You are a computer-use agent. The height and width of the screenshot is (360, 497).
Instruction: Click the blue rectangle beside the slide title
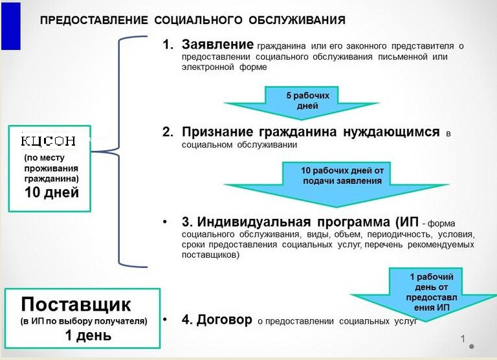pyautogui.click(x=11, y=26)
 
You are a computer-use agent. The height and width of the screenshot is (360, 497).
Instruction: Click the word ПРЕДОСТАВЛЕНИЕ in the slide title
pyautogui.click(x=94, y=20)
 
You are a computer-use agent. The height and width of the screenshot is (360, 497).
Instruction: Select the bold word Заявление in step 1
pyautogui.click(x=217, y=45)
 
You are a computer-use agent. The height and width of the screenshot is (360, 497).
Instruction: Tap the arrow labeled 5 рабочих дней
pyautogui.click(x=302, y=103)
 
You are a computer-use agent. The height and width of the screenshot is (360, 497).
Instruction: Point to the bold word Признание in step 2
pyautogui.click(x=217, y=132)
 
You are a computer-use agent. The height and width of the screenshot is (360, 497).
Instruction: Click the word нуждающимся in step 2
pyautogui.click(x=391, y=132)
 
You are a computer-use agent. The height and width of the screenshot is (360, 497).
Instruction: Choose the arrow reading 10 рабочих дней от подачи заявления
pyautogui.click(x=337, y=185)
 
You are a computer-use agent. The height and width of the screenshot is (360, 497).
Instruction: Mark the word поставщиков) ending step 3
pyautogui.click(x=210, y=254)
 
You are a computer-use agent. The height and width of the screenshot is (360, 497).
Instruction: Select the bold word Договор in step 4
pyautogui.click(x=225, y=319)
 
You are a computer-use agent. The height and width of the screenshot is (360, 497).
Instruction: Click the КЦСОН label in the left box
pyautogui.click(x=48, y=141)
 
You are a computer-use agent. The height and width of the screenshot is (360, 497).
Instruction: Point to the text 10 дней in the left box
pyautogui.click(x=52, y=192)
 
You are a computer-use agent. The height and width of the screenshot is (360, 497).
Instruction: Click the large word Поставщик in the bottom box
pyautogui.click(x=76, y=304)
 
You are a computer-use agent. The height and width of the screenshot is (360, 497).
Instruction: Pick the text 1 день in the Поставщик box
pyautogui.click(x=88, y=335)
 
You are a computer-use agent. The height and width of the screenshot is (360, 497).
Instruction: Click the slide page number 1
pyautogui.click(x=463, y=339)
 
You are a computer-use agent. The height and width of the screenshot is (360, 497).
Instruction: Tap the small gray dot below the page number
pyautogui.click(x=472, y=346)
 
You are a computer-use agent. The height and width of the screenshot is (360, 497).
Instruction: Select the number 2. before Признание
pyautogui.click(x=168, y=132)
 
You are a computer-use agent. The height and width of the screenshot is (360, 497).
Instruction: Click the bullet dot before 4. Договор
pyautogui.click(x=165, y=319)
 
